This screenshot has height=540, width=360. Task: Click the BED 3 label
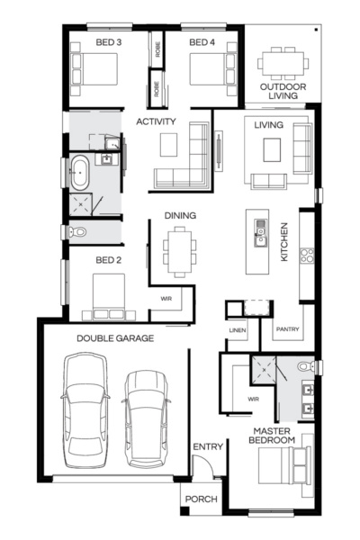109,41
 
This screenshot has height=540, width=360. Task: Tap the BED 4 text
202,41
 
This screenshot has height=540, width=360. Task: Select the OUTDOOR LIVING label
283,92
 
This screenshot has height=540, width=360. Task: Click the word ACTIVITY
156,121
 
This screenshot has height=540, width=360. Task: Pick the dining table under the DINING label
179,250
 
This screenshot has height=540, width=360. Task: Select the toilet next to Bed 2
78,232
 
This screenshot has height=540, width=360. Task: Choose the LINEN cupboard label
238,330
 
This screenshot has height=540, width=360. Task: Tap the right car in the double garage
147,416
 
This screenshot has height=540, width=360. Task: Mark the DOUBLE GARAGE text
114,338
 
